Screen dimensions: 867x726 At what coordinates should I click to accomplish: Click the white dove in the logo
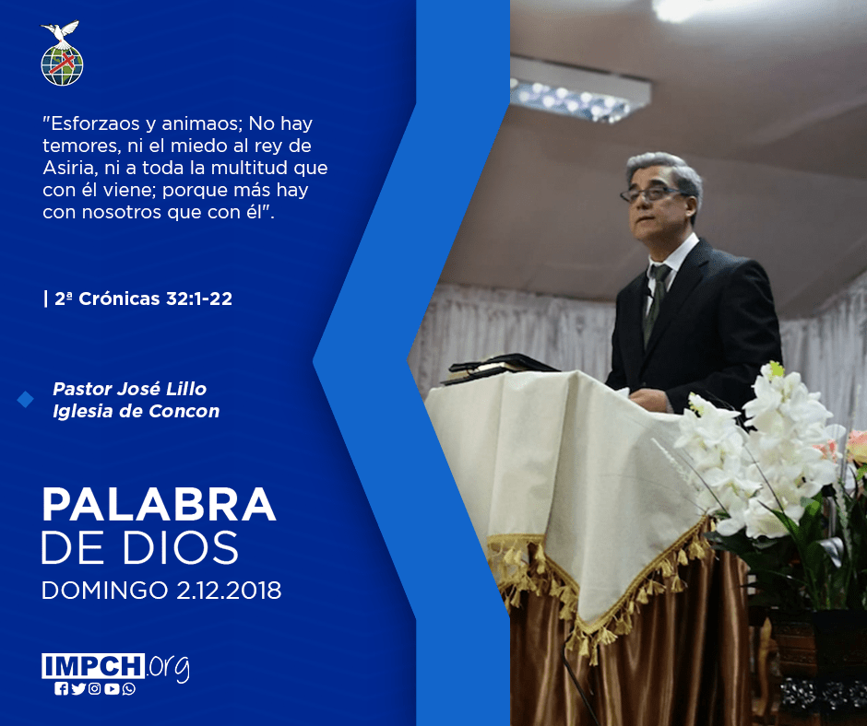61,31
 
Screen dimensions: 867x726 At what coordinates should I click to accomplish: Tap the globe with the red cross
62,64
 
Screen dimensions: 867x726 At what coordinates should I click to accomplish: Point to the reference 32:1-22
199,299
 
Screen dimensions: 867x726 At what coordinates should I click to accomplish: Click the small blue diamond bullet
26,399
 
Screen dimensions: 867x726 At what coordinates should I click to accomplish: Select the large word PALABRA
159,504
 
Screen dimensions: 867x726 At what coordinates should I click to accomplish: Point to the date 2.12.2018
229,591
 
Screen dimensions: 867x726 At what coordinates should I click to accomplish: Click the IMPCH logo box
93,666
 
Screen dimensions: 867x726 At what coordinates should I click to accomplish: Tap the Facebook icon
61,689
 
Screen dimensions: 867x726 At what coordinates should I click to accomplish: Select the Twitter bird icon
78,689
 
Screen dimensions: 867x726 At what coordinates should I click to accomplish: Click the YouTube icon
112,689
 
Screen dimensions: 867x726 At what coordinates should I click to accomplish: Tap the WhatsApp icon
129,689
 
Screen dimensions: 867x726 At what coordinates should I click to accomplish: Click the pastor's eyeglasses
652,193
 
